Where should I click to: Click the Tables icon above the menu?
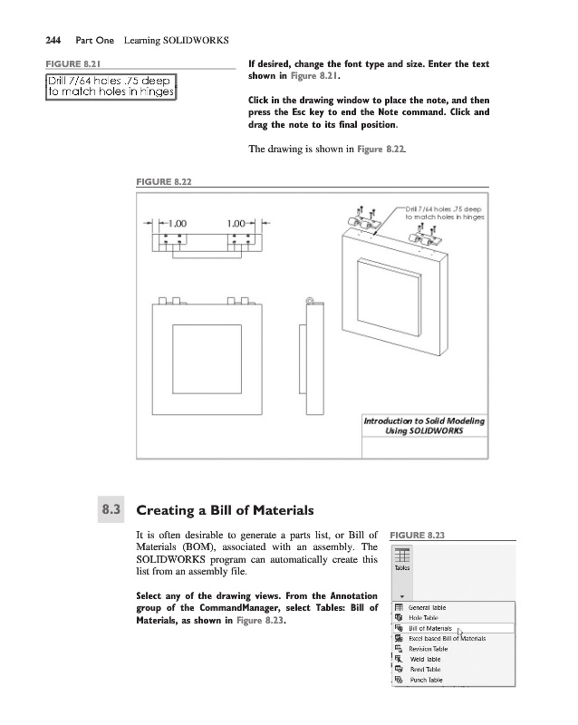point(402,558)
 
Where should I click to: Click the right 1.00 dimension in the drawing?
point(239,222)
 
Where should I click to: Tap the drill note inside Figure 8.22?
point(444,213)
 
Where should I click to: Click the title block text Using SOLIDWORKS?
point(425,430)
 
